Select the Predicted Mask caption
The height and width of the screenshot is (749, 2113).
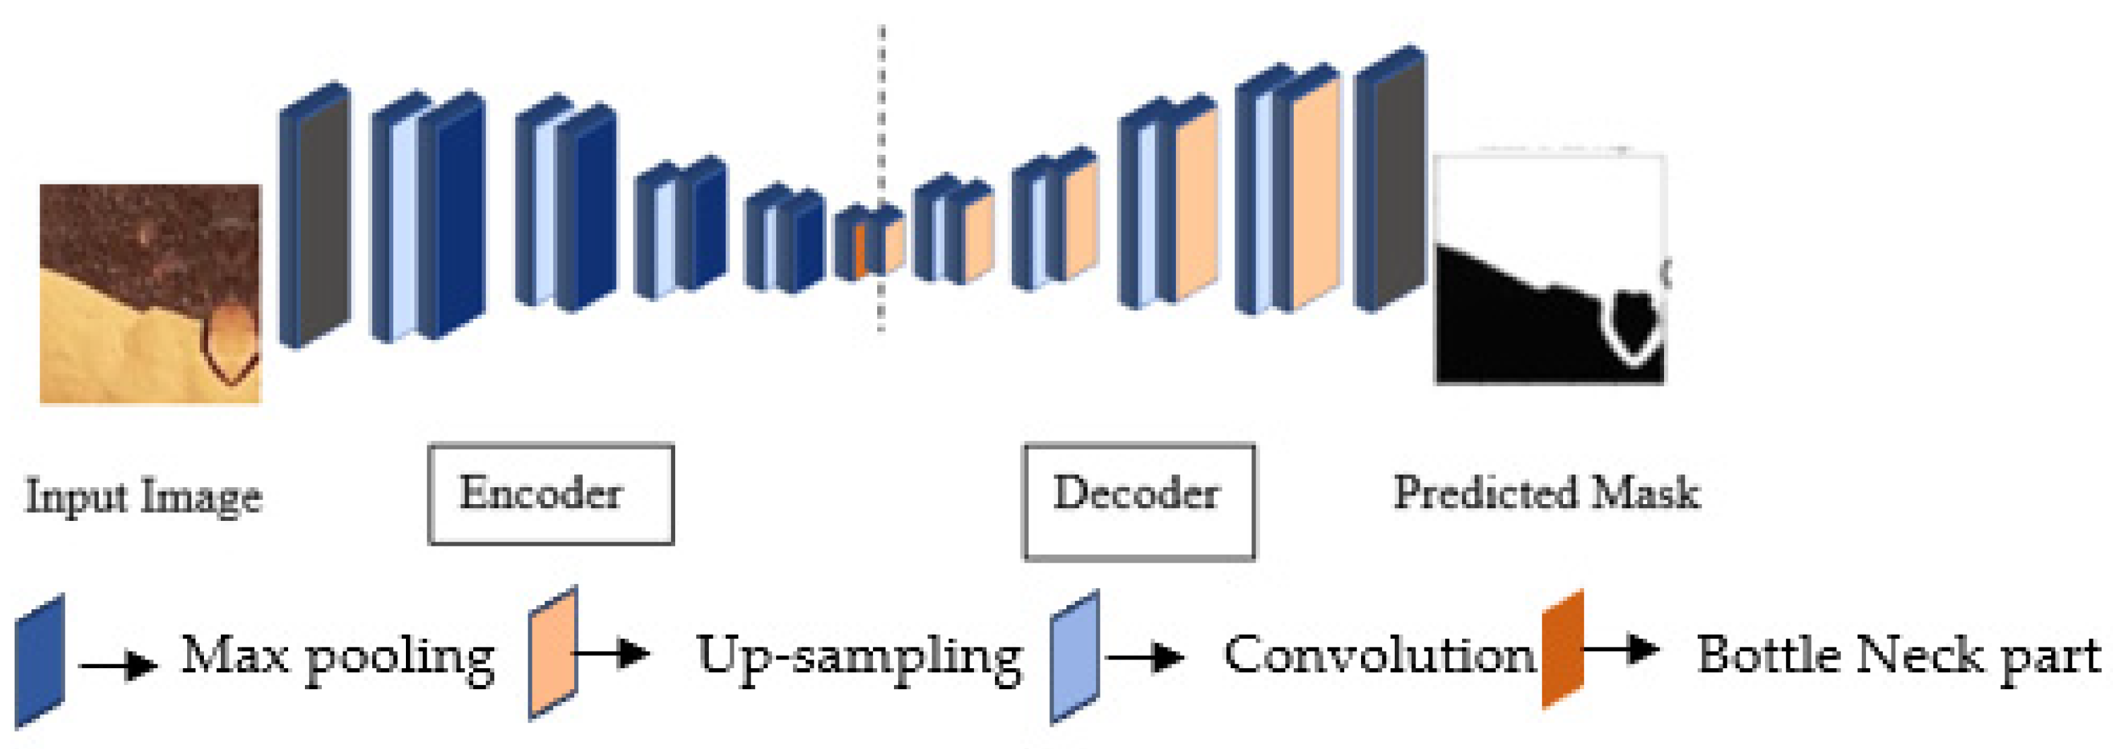point(1546,494)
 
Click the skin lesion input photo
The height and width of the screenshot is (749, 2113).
point(150,293)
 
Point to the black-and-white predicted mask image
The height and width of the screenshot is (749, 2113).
point(1550,269)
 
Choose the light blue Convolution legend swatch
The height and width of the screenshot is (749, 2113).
point(1074,656)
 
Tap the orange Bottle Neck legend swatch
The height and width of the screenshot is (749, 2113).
point(1562,648)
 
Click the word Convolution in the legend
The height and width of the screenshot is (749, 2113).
point(1378,655)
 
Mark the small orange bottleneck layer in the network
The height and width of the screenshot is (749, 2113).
point(860,250)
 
